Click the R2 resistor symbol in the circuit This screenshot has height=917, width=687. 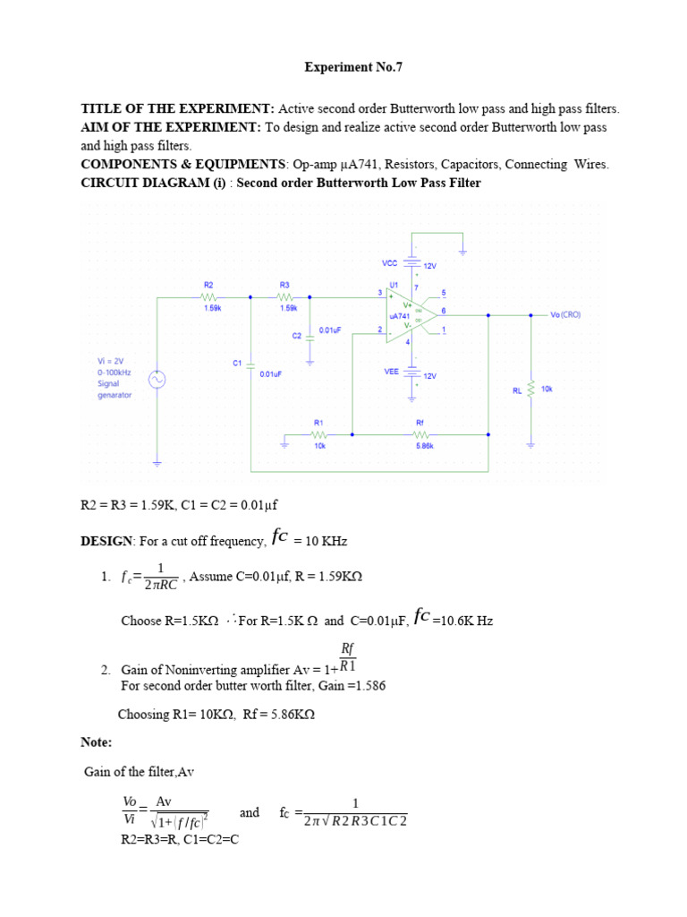208,296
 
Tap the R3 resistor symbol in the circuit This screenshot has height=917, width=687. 285,296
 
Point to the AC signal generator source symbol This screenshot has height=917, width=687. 157,380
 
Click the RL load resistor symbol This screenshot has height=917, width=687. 530,390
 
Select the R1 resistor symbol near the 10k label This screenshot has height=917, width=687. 318,434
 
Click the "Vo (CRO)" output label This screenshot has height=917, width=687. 567,315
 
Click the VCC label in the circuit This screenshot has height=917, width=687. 390,263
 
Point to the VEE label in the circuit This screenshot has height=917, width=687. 391,371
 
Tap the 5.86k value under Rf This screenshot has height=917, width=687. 424,445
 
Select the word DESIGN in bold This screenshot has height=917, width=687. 106,542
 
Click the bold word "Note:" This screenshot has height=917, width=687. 97,742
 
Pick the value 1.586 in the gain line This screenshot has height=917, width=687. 368,685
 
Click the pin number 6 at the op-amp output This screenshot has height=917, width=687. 445,310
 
